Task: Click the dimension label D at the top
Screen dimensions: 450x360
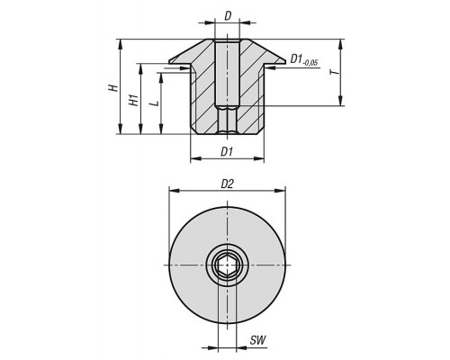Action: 228,16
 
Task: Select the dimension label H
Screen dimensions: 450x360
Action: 112,87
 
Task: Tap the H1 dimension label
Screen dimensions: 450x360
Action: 133,100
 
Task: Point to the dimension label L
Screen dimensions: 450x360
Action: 155,103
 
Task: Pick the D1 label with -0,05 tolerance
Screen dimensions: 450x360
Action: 304,60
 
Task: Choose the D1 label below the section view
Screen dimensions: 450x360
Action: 227,152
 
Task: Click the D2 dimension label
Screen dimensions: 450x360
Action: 227,184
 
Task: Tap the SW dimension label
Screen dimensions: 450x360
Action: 258,340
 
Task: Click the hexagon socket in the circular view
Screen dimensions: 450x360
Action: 227,265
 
